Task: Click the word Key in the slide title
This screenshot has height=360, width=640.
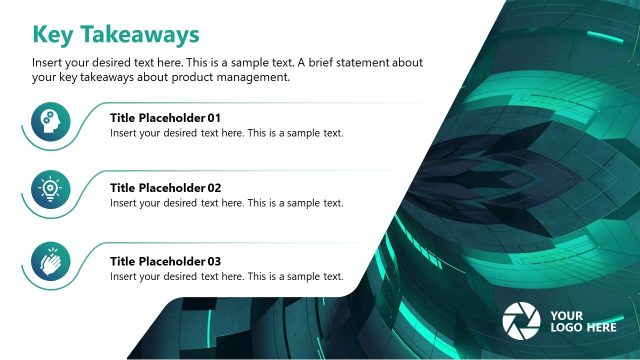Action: tap(56, 34)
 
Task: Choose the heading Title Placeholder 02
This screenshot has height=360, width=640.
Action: tap(165, 188)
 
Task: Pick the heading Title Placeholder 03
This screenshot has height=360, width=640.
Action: tap(165, 262)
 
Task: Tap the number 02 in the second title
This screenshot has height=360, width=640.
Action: tap(213, 188)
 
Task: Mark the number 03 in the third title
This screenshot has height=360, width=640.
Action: tap(213, 262)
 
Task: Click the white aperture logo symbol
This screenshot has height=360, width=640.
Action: tap(520, 320)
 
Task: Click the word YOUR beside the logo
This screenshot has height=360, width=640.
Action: tap(567, 315)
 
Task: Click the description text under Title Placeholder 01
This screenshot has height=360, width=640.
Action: tap(227, 133)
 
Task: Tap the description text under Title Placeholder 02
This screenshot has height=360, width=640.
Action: tap(227, 203)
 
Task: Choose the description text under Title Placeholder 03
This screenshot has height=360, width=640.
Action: tap(227, 277)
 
